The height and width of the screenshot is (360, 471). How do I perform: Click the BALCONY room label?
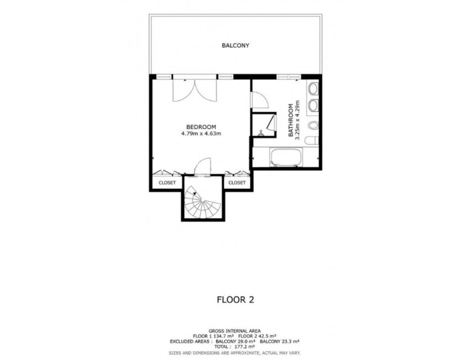click(x=235, y=45)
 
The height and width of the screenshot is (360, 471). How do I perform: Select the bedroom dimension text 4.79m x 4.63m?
click(x=201, y=133)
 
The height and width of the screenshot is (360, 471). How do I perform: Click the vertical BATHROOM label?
click(x=290, y=120)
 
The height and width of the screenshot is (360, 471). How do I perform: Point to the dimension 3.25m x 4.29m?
click(x=298, y=120)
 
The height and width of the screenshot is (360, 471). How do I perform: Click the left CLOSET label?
click(x=167, y=182)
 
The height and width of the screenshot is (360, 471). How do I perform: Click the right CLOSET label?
click(x=237, y=182)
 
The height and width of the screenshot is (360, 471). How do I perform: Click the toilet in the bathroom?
click(x=313, y=138)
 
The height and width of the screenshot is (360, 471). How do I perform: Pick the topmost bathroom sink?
click(x=313, y=88)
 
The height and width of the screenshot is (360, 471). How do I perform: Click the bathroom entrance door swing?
click(x=259, y=100)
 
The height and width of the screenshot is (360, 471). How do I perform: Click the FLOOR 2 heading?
click(x=235, y=300)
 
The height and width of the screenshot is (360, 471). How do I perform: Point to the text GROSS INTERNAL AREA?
click(x=235, y=330)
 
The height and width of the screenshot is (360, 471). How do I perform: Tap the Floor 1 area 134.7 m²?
click(x=221, y=336)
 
